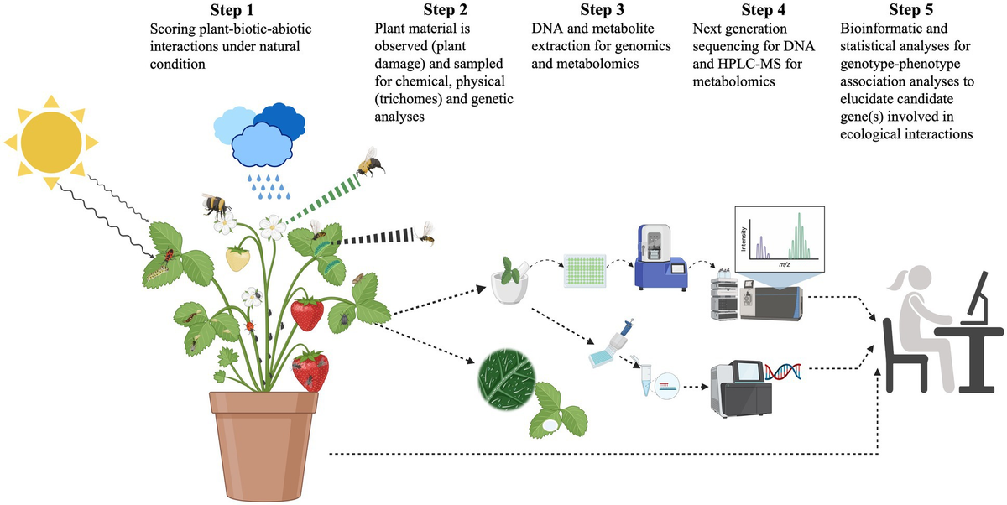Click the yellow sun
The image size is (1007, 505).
pyautogui.click(x=51, y=142)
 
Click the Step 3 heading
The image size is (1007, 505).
pyautogui.click(x=602, y=10)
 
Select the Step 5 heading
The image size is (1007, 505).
pyautogui.click(x=910, y=10)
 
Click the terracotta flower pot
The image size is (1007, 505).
pyautogui.click(x=263, y=445)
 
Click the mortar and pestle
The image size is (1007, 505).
pyautogui.click(x=509, y=281)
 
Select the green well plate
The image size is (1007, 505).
pyautogui.click(x=585, y=270)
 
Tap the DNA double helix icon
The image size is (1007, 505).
pyautogui.click(x=783, y=372)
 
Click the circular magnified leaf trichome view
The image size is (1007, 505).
pyautogui.click(x=507, y=379)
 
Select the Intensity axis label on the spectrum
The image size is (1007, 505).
pyautogui.click(x=744, y=238)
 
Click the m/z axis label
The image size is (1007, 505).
pyautogui.click(x=785, y=264)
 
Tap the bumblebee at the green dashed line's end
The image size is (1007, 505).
pyautogui.click(x=370, y=162)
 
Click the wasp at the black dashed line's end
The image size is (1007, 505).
pyautogui.click(x=425, y=234)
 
